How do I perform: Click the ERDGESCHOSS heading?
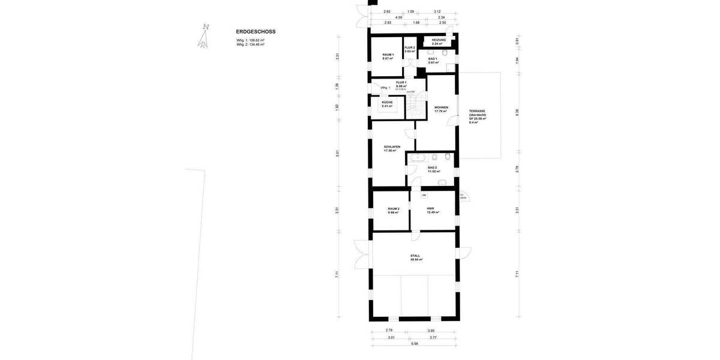(256, 32)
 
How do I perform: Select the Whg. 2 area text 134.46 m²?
(251, 44)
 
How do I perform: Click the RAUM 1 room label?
(388, 55)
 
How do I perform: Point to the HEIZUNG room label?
(439, 40)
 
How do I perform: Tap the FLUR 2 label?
(410, 47)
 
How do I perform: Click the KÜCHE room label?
(387, 102)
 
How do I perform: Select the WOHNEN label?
(442, 108)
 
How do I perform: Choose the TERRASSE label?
(478, 111)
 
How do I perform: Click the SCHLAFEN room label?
(392, 146)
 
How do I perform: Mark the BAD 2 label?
(432, 168)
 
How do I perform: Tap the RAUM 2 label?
(394, 209)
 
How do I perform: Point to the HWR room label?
(430, 209)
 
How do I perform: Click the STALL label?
(415, 256)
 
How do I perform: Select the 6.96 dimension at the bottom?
(415, 344)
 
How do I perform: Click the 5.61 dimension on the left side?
(338, 153)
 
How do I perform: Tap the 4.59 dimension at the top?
(398, 17)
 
